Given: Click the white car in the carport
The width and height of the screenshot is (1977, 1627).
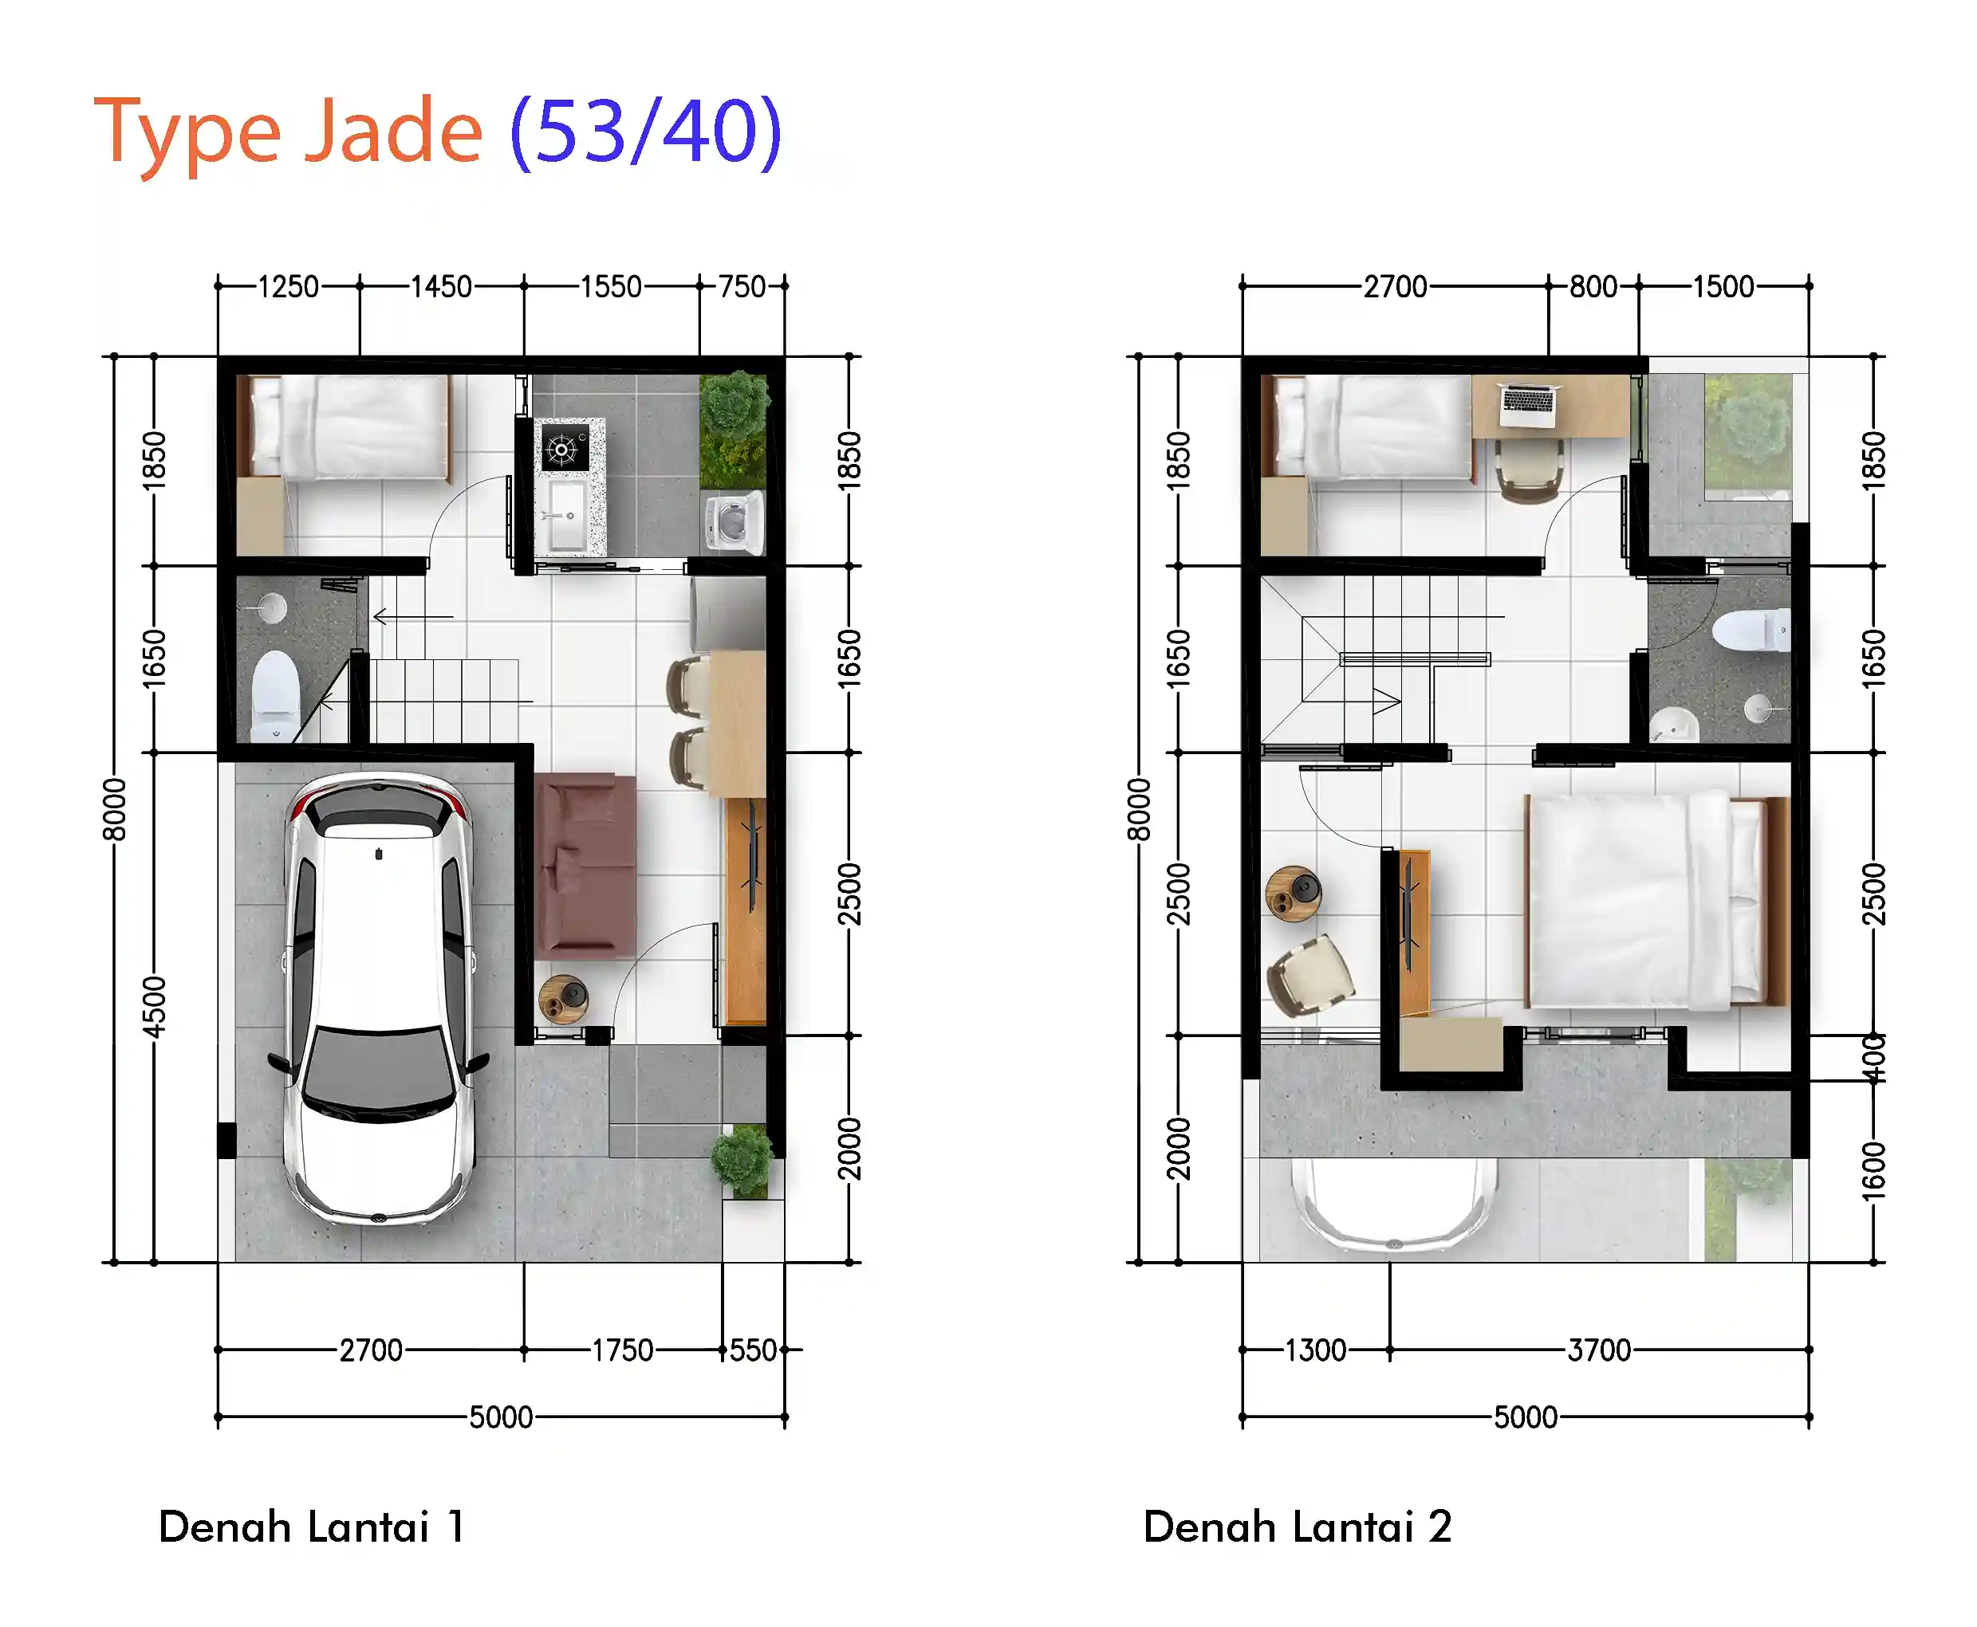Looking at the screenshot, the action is (379, 998).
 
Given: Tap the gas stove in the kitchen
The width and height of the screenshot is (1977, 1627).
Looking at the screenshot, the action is (563, 448).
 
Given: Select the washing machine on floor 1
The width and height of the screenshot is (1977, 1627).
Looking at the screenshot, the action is (734, 521).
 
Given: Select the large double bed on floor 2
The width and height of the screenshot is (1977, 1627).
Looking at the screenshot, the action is (1658, 900).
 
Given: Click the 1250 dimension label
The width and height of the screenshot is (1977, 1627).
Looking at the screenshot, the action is (289, 286).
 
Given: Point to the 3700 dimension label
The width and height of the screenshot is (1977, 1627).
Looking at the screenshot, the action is (1599, 1350).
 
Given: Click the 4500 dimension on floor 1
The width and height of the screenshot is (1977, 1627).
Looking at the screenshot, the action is (154, 1007).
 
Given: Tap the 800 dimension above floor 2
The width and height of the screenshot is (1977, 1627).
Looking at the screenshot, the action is (1593, 286).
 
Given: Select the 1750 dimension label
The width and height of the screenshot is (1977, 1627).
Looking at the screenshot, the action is (622, 1350).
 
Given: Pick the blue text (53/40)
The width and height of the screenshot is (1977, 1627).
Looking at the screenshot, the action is (646, 132).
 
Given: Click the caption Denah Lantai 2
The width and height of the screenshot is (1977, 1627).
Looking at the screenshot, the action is (1298, 1527).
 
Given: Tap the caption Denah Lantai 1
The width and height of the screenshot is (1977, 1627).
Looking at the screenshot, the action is (311, 1527).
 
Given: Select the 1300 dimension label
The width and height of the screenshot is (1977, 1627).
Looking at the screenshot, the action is (1315, 1350).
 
